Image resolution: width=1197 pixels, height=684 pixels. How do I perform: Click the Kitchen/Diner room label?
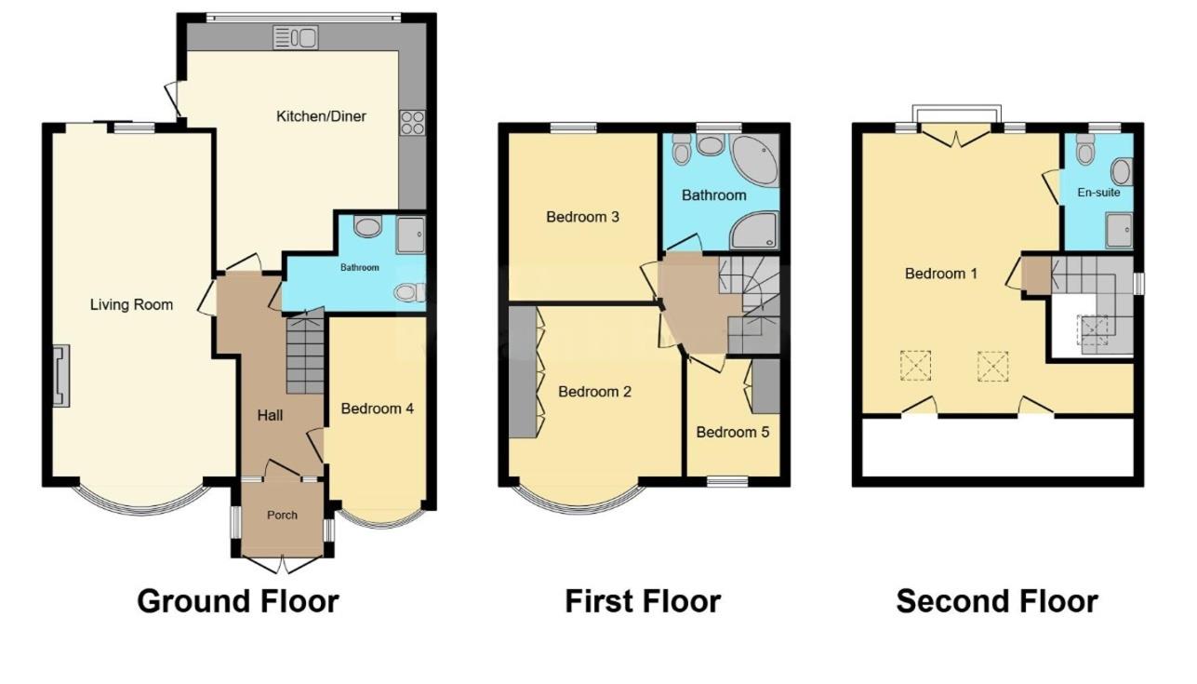[321, 116]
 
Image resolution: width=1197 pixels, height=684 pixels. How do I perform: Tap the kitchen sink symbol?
[296, 37]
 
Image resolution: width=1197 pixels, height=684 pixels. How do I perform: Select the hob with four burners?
[412, 123]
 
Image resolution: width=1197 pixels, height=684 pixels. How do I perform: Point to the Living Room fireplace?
[60, 376]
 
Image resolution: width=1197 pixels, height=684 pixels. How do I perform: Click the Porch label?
[282, 515]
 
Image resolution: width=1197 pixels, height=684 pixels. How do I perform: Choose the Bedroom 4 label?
[377, 409]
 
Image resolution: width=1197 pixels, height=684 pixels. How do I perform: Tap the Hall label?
[270, 415]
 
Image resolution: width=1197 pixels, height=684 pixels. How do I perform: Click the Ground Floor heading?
[237, 601]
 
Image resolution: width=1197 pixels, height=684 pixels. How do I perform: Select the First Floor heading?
[643, 601]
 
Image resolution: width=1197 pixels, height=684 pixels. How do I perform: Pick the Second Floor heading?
[996, 601]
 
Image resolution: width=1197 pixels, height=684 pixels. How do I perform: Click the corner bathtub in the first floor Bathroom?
[754, 161]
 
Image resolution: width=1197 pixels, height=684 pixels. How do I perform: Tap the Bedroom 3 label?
[583, 217]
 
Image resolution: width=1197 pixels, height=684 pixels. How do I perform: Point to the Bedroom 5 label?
[733, 432]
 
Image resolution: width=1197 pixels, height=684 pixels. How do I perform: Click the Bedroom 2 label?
[595, 392]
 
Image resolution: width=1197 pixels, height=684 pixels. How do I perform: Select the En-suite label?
[1099, 193]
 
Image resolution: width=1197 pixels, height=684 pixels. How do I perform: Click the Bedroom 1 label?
[941, 274]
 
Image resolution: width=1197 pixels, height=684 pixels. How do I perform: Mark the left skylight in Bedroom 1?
[914, 365]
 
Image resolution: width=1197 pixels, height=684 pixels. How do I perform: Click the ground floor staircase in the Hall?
[305, 355]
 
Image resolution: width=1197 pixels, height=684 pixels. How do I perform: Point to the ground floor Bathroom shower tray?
[409, 235]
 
